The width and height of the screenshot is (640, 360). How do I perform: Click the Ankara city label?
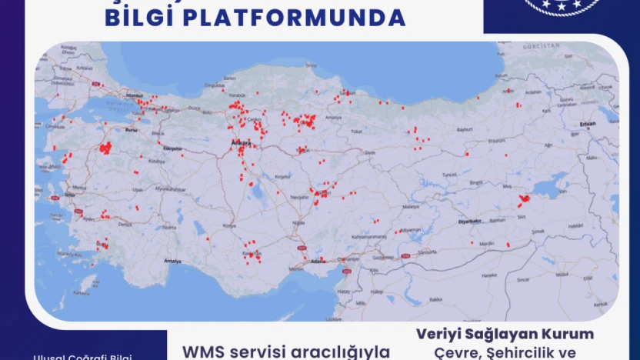tap(242, 144)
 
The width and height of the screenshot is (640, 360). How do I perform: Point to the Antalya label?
tap(173, 262)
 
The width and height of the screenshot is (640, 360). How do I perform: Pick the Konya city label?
tap(228, 225)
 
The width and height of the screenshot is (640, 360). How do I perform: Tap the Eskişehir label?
tap(172, 148)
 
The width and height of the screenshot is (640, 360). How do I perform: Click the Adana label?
tap(317, 262)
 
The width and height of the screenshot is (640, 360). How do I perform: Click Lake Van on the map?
tap(549, 186)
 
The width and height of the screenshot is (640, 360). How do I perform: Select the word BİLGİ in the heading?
tap(142, 18)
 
